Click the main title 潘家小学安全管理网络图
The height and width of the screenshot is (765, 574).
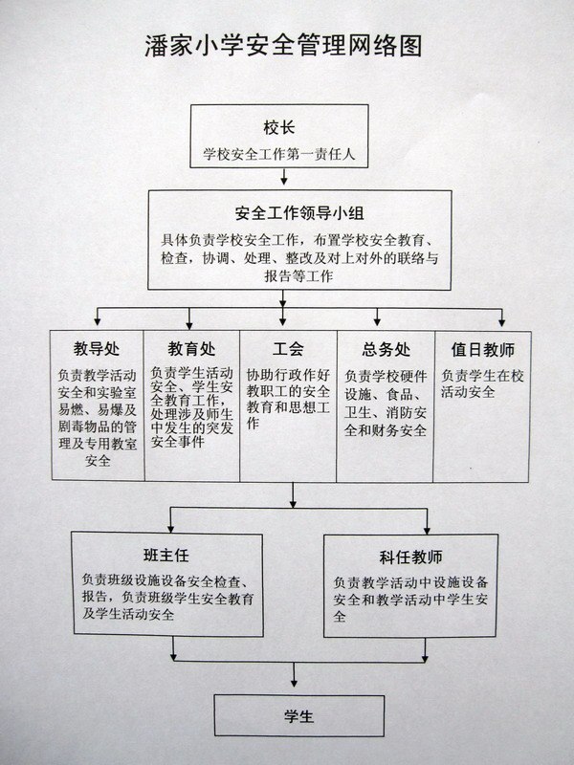point(283,46)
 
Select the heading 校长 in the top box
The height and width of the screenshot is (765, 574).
point(279,128)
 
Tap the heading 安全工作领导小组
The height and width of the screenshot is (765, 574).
point(299,213)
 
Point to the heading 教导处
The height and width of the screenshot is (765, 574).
point(97,349)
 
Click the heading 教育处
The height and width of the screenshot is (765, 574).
point(191,349)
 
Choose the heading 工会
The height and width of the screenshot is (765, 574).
point(288,349)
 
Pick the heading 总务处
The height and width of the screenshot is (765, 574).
point(386,349)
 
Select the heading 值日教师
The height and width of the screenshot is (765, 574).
point(483,349)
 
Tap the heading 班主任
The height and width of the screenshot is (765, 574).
point(166,555)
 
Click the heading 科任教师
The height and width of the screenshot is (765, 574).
point(410,557)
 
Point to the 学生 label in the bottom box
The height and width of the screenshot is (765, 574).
point(298,716)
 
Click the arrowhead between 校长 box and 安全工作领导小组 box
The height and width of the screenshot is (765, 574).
point(283,181)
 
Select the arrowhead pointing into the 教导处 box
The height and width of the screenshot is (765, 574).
point(98,321)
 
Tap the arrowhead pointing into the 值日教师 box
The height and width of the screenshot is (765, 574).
point(501,322)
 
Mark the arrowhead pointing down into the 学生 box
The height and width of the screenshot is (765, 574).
point(294,683)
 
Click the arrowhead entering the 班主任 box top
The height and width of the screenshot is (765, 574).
point(170,528)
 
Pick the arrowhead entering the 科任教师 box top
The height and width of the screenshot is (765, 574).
point(427,530)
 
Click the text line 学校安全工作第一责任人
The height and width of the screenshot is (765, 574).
point(279,154)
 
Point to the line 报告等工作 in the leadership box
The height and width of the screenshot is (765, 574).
point(298,276)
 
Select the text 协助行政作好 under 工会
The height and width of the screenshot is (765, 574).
point(288,375)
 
